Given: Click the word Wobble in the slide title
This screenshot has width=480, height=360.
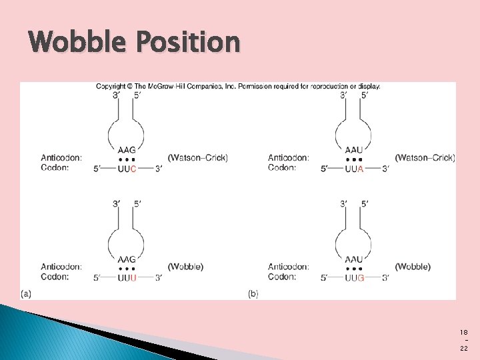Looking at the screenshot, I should point(79,43).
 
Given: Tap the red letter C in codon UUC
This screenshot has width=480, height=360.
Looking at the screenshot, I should point(133,169).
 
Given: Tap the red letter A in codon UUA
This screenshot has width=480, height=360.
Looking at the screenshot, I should point(361,169).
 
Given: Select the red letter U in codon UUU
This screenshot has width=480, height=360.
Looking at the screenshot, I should point(133,277).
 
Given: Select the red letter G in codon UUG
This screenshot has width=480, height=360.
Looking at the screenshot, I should point(361,277).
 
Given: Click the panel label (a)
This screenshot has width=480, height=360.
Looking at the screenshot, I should point(26,293).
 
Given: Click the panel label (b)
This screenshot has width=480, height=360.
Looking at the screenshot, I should point(253,293).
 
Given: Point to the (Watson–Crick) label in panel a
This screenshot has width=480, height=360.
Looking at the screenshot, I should point(198,158).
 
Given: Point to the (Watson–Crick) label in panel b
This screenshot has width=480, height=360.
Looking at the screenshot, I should point(425,158).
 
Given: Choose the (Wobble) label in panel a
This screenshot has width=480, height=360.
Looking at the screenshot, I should point(185,267).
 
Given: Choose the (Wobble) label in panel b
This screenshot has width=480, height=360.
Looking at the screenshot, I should point(413,267).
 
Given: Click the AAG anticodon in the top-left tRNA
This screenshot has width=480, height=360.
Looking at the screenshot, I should point(127,150).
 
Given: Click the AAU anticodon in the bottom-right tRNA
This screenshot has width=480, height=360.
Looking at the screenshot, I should point(354,259).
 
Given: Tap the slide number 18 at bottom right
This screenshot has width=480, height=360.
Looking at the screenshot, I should point(464,331).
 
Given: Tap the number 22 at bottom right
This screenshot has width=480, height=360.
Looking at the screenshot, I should point(464,349).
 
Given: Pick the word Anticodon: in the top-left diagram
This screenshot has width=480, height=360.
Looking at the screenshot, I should point(61,158).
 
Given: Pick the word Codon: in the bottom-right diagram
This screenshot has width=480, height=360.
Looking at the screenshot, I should point(282,277).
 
